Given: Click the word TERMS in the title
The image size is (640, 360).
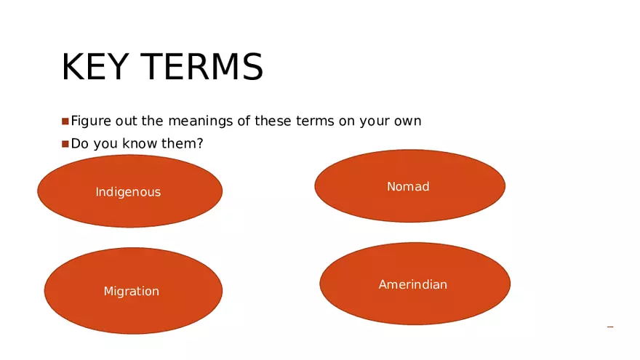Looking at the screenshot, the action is point(202,66).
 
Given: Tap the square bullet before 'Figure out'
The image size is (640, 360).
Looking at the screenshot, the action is point(65,121).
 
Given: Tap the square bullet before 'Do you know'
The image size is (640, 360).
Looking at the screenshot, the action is point(65,144).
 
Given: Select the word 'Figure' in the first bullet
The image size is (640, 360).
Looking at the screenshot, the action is point(91,121).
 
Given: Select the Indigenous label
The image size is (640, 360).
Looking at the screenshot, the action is point(128,192).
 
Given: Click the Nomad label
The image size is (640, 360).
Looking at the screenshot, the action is point(408,186).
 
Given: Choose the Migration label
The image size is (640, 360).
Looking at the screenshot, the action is point(132,291).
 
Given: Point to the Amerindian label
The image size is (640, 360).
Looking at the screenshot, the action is point(412,284).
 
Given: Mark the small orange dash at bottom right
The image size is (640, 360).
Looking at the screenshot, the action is point(610,327).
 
